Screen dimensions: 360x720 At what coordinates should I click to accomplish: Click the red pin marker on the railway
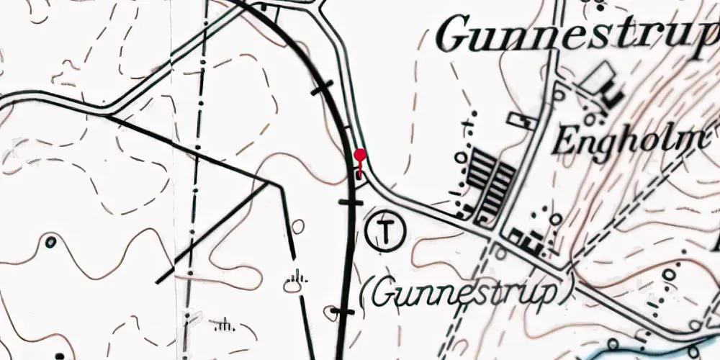360,156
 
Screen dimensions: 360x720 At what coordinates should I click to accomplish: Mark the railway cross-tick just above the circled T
351,202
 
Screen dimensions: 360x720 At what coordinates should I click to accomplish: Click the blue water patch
648,350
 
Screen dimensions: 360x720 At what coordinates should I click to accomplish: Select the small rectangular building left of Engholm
522,120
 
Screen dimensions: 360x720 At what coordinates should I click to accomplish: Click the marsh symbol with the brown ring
294,284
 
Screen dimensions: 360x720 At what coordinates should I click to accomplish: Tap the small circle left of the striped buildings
459,156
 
